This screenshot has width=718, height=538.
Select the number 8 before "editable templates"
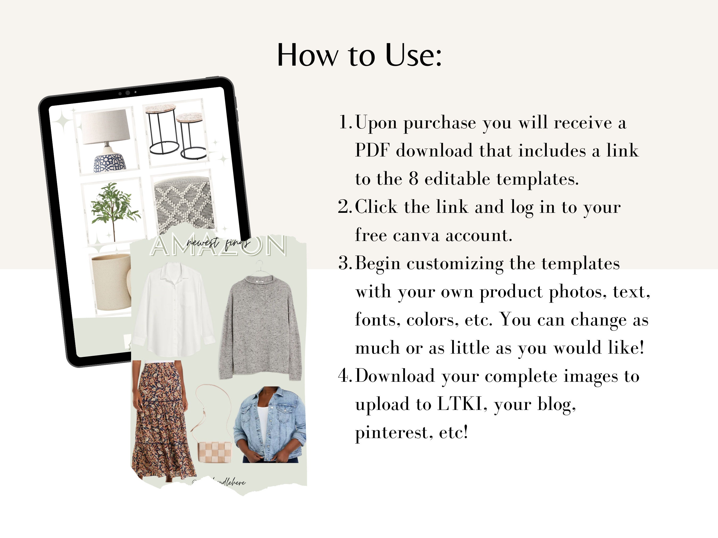coord(413,179)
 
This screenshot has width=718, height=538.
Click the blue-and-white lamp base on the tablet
coord(109,162)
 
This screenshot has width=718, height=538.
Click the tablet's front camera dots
coord(128,93)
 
